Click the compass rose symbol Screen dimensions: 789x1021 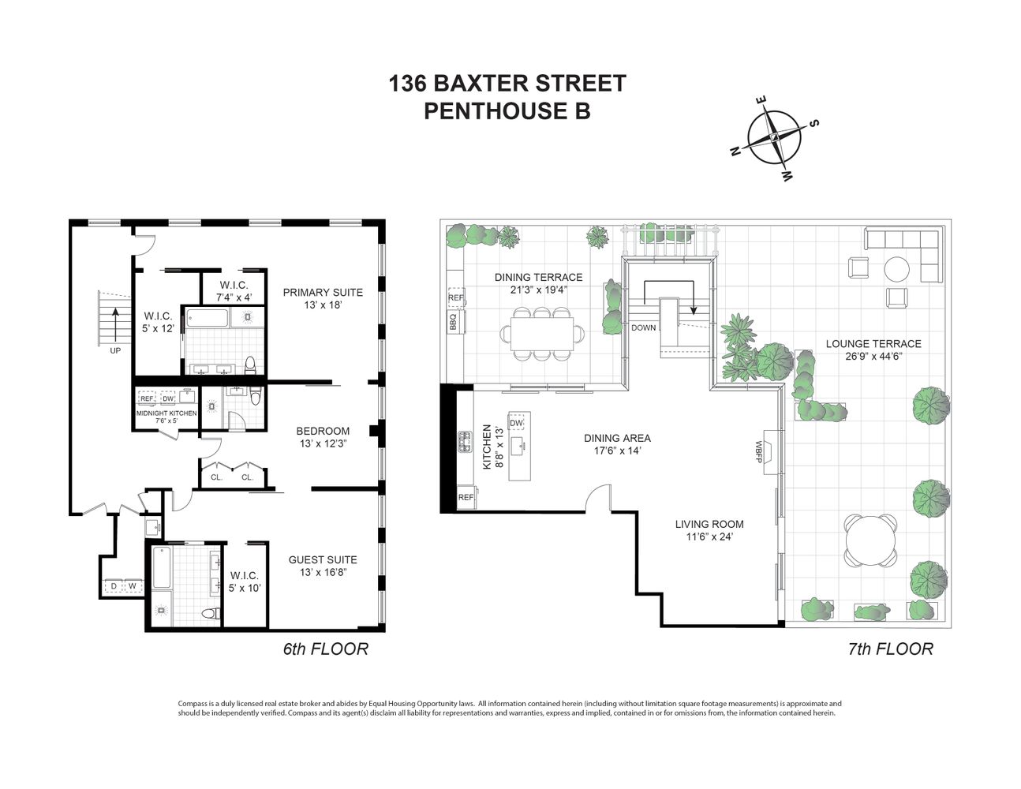(x=774, y=137)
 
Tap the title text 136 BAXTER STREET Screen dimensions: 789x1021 (x=507, y=84)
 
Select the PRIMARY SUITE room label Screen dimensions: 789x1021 (x=323, y=292)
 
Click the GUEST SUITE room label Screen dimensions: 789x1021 (x=323, y=559)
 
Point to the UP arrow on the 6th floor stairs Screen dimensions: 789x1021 (x=115, y=322)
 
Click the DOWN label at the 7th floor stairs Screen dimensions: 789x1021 (x=643, y=327)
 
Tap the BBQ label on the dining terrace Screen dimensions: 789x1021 (x=453, y=322)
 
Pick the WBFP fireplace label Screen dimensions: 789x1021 (x=758, y=451)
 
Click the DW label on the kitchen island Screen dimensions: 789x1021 (x=517, y=424)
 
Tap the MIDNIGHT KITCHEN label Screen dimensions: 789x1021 (x=166, y=413)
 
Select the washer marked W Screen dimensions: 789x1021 (x=132, y=586)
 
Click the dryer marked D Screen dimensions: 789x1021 (x=114, y=586)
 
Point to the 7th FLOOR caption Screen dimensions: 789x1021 (x=890, y=649)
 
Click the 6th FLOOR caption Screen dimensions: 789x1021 (x=325, y=649)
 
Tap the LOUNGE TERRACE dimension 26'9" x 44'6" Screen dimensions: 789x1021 (x=873, y=356)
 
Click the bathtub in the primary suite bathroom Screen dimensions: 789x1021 (x=206, y=320)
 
